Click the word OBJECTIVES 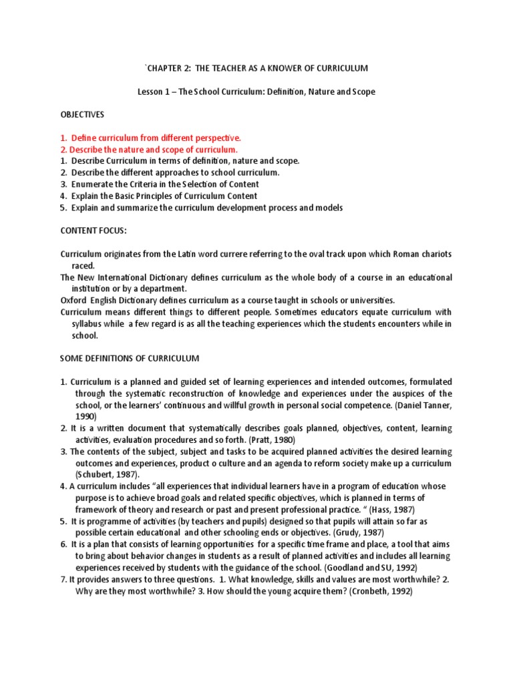83,115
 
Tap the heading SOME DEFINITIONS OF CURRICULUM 130,358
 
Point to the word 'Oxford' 74,300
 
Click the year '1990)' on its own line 86,416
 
